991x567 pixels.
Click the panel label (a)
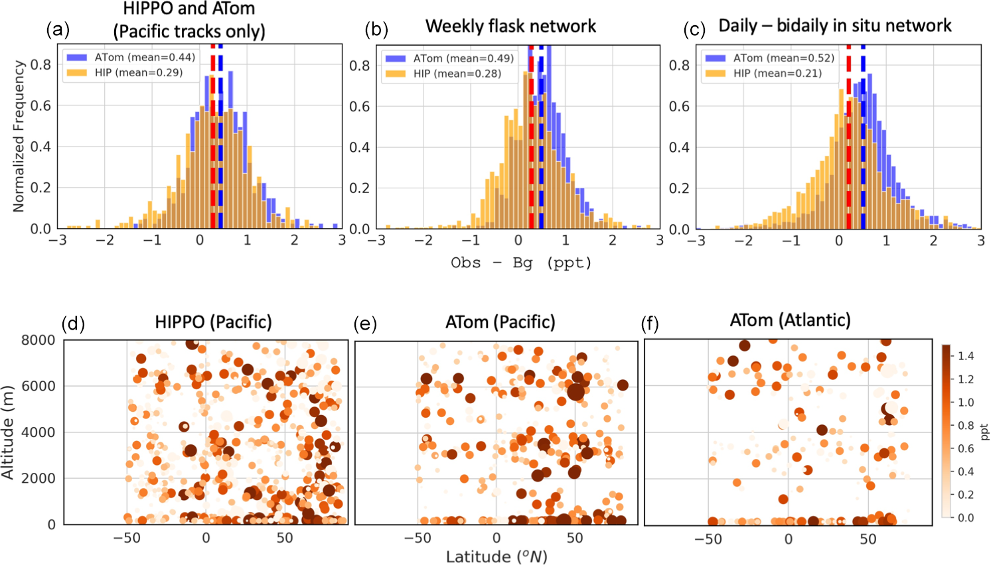[58, 29]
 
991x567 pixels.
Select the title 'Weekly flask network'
[510, 26]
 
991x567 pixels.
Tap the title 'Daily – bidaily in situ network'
[834, 26]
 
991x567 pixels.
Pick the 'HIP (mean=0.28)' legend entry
[457, 74]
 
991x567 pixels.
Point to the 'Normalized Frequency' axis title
[19, 137]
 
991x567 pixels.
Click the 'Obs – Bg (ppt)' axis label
[521, 263]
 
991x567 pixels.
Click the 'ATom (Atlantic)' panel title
[790, 320]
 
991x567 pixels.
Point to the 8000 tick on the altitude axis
[38, 340]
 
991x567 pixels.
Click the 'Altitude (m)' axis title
[8, 432]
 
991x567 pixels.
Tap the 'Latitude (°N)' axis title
[496, 557]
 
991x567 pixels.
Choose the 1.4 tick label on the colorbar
[966, 356]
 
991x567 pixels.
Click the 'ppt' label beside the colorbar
[984, 432]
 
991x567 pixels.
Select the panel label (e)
[365, 324]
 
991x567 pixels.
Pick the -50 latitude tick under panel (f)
[708, 539]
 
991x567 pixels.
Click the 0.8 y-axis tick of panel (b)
[360, 65]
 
